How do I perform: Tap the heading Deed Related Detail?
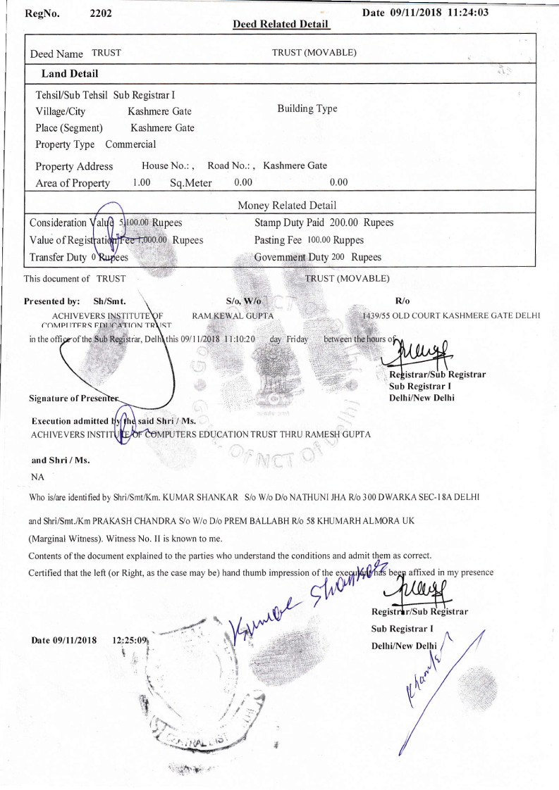(281, 25)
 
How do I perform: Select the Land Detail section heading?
(70, 73)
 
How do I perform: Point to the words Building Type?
(307, 108)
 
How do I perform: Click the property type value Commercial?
(130, 144)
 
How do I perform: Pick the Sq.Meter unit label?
(186, 184)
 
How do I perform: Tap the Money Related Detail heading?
(287, 206)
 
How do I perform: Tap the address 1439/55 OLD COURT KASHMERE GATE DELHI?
(451, 315)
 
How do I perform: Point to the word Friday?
(297, 339)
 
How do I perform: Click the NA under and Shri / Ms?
(38, 477)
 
